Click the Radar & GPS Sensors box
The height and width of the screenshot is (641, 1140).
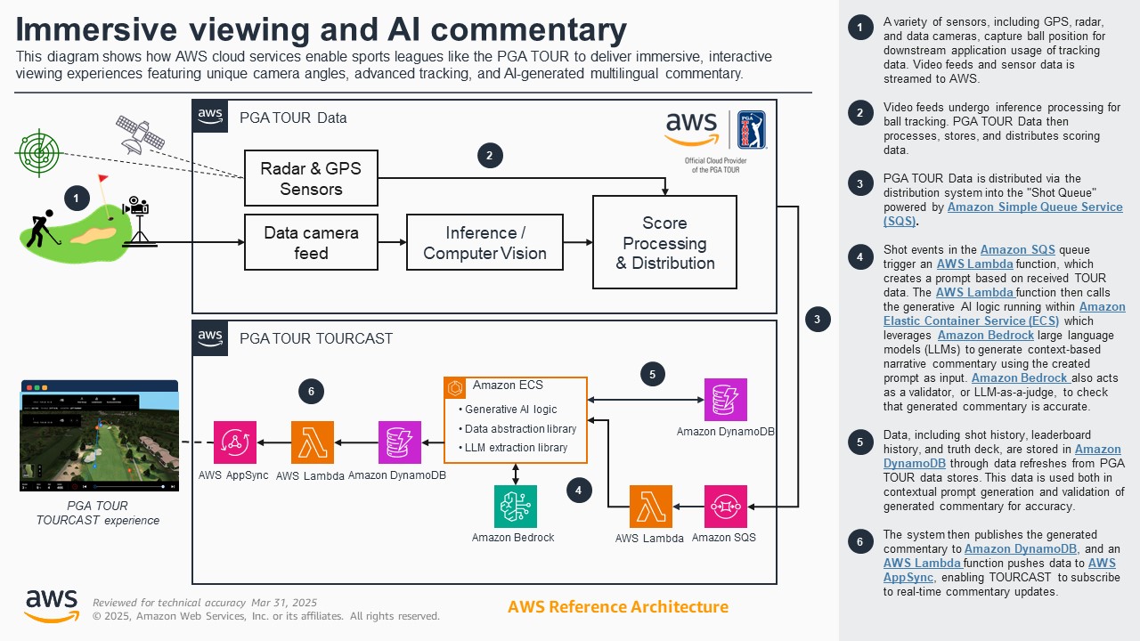tap(311, 178)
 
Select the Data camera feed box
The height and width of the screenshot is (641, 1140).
tap(311, 242)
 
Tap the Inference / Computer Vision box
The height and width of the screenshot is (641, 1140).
tap(484, 242)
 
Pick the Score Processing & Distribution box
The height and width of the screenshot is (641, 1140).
tap(664, 242)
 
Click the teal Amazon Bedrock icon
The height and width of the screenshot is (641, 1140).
tap(516, 507)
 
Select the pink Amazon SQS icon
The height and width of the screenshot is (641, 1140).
tap(726, 507)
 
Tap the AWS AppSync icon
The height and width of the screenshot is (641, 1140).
tap(235, 442)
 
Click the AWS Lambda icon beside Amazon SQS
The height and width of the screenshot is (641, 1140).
tap(651, 507)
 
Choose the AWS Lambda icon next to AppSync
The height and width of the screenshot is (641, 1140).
tap(313, 442)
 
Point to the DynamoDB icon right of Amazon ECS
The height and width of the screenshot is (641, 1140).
tap(726, 400)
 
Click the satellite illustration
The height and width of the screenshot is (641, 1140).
tap(141, 133)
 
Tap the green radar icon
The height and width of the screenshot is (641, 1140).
tap(37, 153)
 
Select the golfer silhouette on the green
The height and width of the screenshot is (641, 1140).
tap(38, 229)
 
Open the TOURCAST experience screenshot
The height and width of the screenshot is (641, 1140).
tap(99, 436)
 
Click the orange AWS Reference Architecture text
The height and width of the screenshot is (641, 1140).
tap(617, 607)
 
